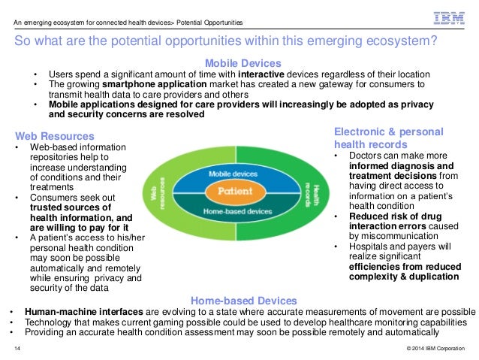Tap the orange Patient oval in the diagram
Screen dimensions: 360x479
coord(239,192)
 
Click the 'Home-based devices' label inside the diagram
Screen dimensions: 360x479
coord(239,212)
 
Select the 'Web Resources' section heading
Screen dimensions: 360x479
coord(55,136)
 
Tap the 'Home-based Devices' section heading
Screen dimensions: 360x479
coord(243,301)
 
